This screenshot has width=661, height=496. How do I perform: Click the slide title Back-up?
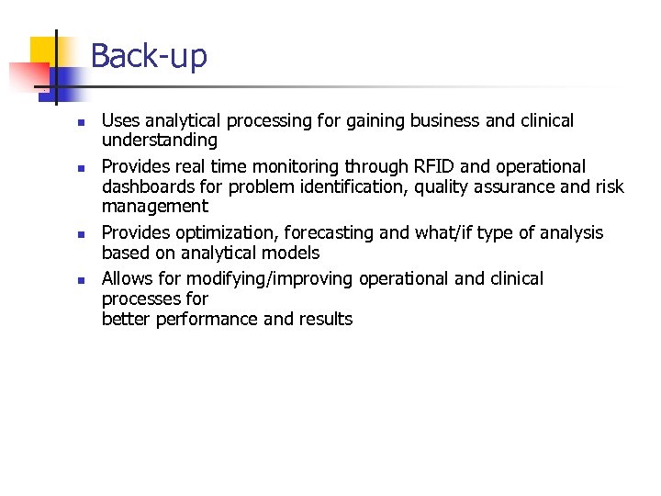[x=149, y=56]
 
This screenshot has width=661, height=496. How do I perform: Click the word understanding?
[x=159, y=141]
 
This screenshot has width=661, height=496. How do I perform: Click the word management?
[x=154, y=207]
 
